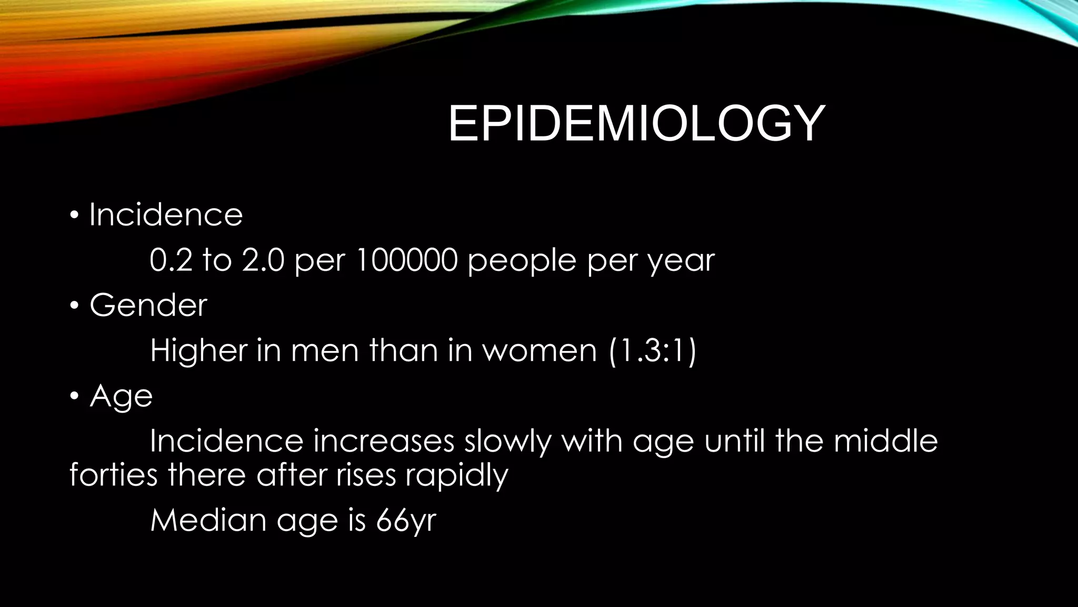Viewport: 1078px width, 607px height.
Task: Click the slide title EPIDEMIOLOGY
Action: [636, 124]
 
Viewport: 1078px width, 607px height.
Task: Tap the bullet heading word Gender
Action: [148, 305]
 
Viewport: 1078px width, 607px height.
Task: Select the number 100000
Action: [407, 260]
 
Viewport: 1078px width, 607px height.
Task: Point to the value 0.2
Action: [171, 260]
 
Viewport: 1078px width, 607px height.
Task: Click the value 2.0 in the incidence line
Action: [263, 260]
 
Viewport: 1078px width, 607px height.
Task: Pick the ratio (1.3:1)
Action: [652, 350]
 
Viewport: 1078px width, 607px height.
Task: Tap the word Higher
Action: [198, 350]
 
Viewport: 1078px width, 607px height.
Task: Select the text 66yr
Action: [406, 521]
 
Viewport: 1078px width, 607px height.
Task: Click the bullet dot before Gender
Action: [74, 306]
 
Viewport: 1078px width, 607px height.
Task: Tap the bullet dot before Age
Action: [74, 396]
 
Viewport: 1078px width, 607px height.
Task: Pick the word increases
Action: [383, 442]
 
